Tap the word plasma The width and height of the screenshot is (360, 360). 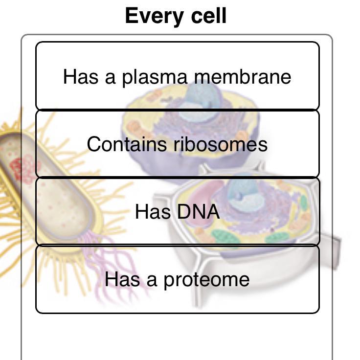[x=155, y=78]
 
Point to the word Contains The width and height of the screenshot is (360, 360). [x=127, y=144]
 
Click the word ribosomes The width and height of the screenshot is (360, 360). [x=221, y=144]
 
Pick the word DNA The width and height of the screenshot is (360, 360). [x=199, y=211]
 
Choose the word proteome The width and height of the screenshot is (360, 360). [x=206, y=280]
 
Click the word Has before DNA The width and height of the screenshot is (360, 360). [x=153, y=211]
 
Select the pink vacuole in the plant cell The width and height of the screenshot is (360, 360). [x=202, y=202]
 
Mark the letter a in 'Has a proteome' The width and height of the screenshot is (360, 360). [x=152, y=281]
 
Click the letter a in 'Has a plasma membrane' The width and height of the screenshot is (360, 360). [x=110, y=79]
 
